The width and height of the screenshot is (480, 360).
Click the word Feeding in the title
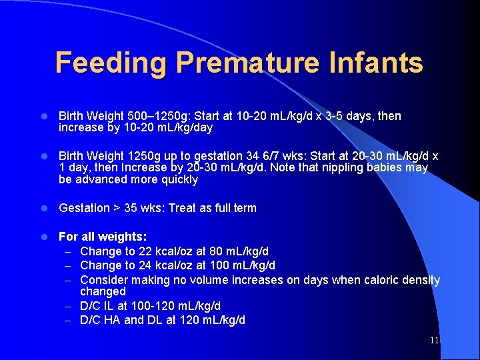(111, 63)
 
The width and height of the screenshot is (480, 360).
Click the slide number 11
(434, 341)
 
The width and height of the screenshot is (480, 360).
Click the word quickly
(175, 179)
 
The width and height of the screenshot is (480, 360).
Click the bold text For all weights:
(103, 237)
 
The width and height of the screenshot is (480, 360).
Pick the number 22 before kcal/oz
(140, 251)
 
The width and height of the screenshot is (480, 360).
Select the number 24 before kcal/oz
(140, 265)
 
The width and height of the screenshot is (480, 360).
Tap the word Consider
(103, 280)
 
